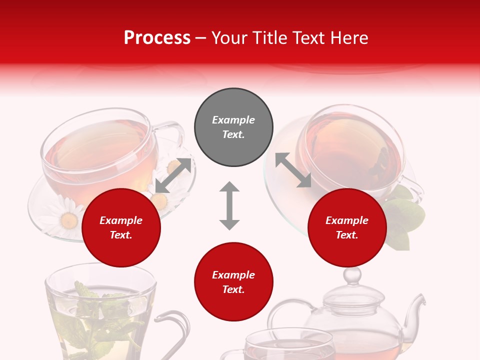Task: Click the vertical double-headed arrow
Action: tap(229, 205)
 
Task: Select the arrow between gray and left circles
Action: tap(173, 175)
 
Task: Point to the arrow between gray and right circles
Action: tap(293, 170)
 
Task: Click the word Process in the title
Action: tap(157, 37)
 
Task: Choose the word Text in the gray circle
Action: tap(233, 134)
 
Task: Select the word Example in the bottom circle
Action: tap(233, 275)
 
